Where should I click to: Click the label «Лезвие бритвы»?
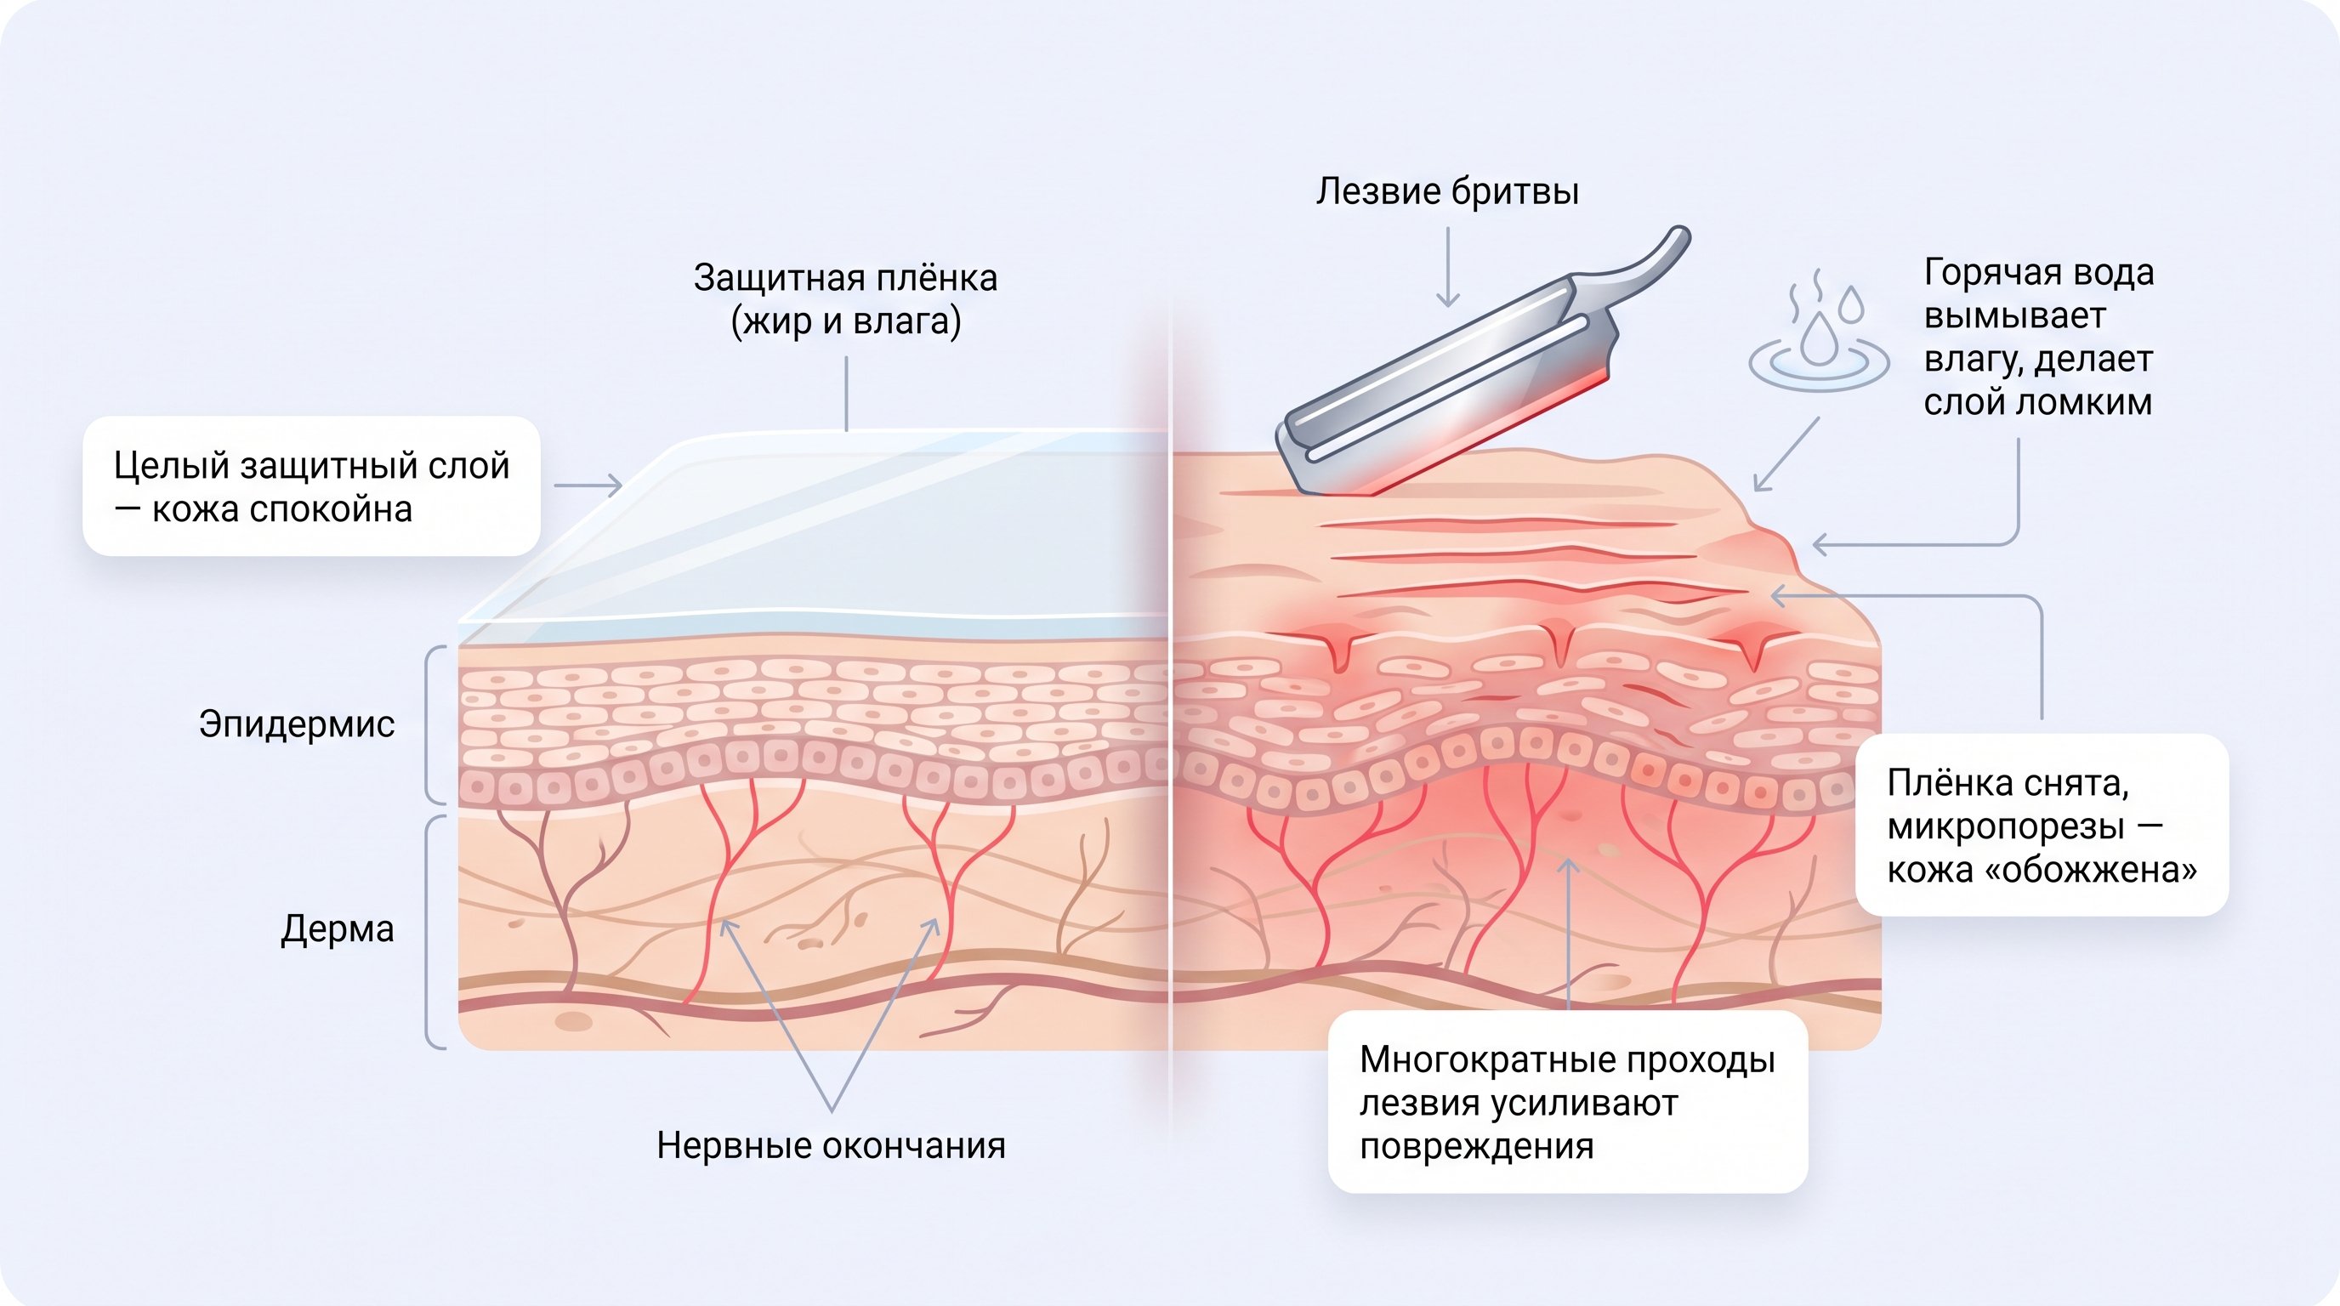tap(1447, 191)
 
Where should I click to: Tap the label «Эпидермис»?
tap(297, 724)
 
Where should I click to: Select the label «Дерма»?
tap(337, 928)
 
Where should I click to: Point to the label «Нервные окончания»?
tap(830, 1145)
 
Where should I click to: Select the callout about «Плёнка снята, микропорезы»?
tap(2042, 825)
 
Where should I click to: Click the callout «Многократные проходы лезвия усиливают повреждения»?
tap(1568, 1102)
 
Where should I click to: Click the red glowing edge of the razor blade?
tap(1490, 431)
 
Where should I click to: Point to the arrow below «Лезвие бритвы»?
tap(1447, 267)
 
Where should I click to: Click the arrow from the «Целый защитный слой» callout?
tap(588, 485)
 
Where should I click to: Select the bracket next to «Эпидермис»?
tap(434, 724)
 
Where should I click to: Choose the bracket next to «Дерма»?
tap(434, 932)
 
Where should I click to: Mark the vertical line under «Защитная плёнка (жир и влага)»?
tap(847, 394)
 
